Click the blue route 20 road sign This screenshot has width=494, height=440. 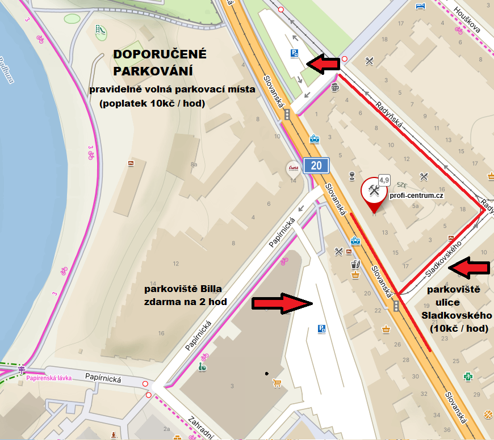[316, 166]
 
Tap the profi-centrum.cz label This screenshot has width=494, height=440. [416, 195]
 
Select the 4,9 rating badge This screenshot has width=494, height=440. [384, 180]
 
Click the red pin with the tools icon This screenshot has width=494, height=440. [373, 193]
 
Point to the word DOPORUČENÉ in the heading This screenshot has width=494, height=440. [160, 55]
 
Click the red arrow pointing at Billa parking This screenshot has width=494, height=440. [282, 304]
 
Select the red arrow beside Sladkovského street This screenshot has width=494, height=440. [468, 268]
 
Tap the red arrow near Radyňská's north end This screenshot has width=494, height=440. [322, 64]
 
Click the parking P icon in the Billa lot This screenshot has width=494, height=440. [321, 328]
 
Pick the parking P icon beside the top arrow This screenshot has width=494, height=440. [295, 53]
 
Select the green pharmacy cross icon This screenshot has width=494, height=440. [468, 376]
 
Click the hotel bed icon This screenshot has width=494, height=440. [420, 6]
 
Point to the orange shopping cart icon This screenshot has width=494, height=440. [278, 384]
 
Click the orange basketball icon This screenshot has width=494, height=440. [487, 415]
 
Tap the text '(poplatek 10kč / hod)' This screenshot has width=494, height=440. [152, 103]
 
